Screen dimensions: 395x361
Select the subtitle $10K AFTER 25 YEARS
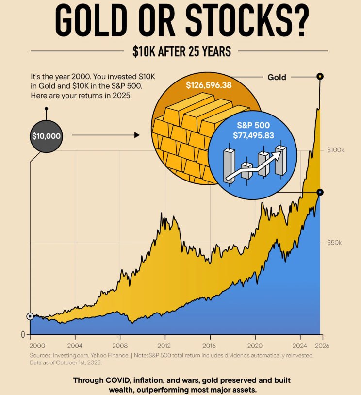pos(180,51)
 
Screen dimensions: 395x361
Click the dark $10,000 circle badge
pos(46,136)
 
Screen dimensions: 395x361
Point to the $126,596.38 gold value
pos(209,85)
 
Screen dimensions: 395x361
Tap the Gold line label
pos(277,77)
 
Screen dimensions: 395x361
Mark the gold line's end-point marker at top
pos(320,76)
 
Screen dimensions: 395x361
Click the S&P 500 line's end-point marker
pos(320,192)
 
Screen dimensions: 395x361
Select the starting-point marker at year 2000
pos(30,316)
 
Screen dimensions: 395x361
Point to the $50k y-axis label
pos(335,242)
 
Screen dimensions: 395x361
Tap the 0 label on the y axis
pos(22,334)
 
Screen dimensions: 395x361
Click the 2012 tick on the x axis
pos(165,346)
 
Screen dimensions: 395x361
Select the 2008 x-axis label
pos(120,346)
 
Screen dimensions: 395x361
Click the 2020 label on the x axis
pos(255,346)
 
